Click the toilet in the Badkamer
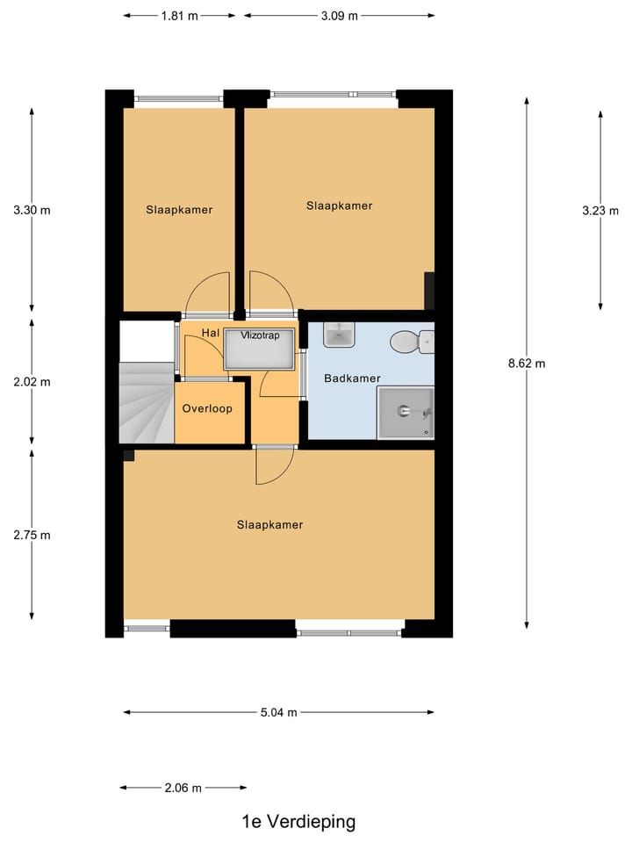[411, 341]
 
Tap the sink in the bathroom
[338, 335]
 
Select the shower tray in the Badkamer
[405, 413]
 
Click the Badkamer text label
[352, 378]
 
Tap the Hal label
[210, 333]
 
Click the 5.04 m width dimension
[278, 712]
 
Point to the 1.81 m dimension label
[179, 15]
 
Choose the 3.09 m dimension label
[339, 15]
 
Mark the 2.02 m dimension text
[32, 382]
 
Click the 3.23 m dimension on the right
[600, 211]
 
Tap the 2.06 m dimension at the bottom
[183, 788]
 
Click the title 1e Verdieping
[298, 822]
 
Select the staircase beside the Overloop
[146, 402]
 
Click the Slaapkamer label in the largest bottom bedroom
[269, 524]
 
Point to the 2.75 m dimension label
[32, 535]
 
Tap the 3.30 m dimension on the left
[32, 211]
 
